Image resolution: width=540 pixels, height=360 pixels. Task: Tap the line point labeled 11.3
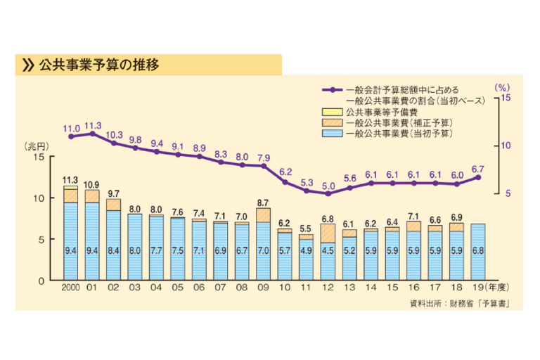(92, 133)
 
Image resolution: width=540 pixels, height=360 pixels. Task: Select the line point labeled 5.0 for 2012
(328, 193)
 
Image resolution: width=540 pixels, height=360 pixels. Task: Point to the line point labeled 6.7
(478, 177)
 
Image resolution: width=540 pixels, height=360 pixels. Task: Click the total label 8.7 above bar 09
(263, 201)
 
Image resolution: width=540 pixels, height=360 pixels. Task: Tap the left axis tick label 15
(39, 157)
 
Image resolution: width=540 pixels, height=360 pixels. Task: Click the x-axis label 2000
(70, 289)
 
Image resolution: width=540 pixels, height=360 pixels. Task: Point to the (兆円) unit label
(37, 146)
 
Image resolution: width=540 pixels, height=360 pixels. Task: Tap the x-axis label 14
(371, 289)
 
